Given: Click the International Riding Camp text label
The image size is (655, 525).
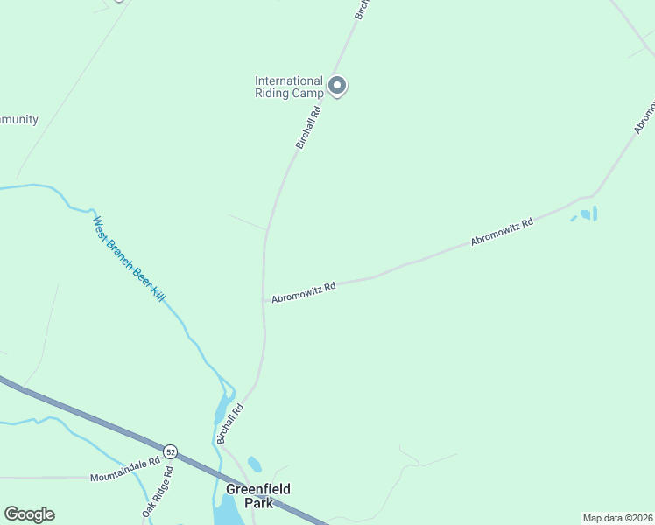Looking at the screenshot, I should (289, 87).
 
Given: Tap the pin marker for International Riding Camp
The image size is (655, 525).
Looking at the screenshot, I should (337, 86).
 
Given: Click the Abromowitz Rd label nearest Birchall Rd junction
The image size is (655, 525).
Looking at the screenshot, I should (304, 292).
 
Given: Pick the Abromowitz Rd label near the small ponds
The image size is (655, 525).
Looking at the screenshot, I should (502, 232).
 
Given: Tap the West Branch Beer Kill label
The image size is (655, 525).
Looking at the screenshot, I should (130, 259).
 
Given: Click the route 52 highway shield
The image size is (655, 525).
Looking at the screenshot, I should (170, 452).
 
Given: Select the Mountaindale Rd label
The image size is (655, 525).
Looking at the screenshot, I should (125, 477).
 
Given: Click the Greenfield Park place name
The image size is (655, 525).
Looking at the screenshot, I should (258, 496).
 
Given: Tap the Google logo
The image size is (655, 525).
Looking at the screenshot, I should (29, 514).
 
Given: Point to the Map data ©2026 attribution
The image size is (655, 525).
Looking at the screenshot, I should (617, 517).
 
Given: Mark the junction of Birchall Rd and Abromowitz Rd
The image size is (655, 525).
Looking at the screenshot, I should (264, 299).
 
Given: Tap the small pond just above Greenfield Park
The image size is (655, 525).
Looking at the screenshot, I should (255, 464).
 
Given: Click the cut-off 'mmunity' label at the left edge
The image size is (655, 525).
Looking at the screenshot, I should (18, 119).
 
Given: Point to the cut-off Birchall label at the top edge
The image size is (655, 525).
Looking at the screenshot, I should (363, 9).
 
